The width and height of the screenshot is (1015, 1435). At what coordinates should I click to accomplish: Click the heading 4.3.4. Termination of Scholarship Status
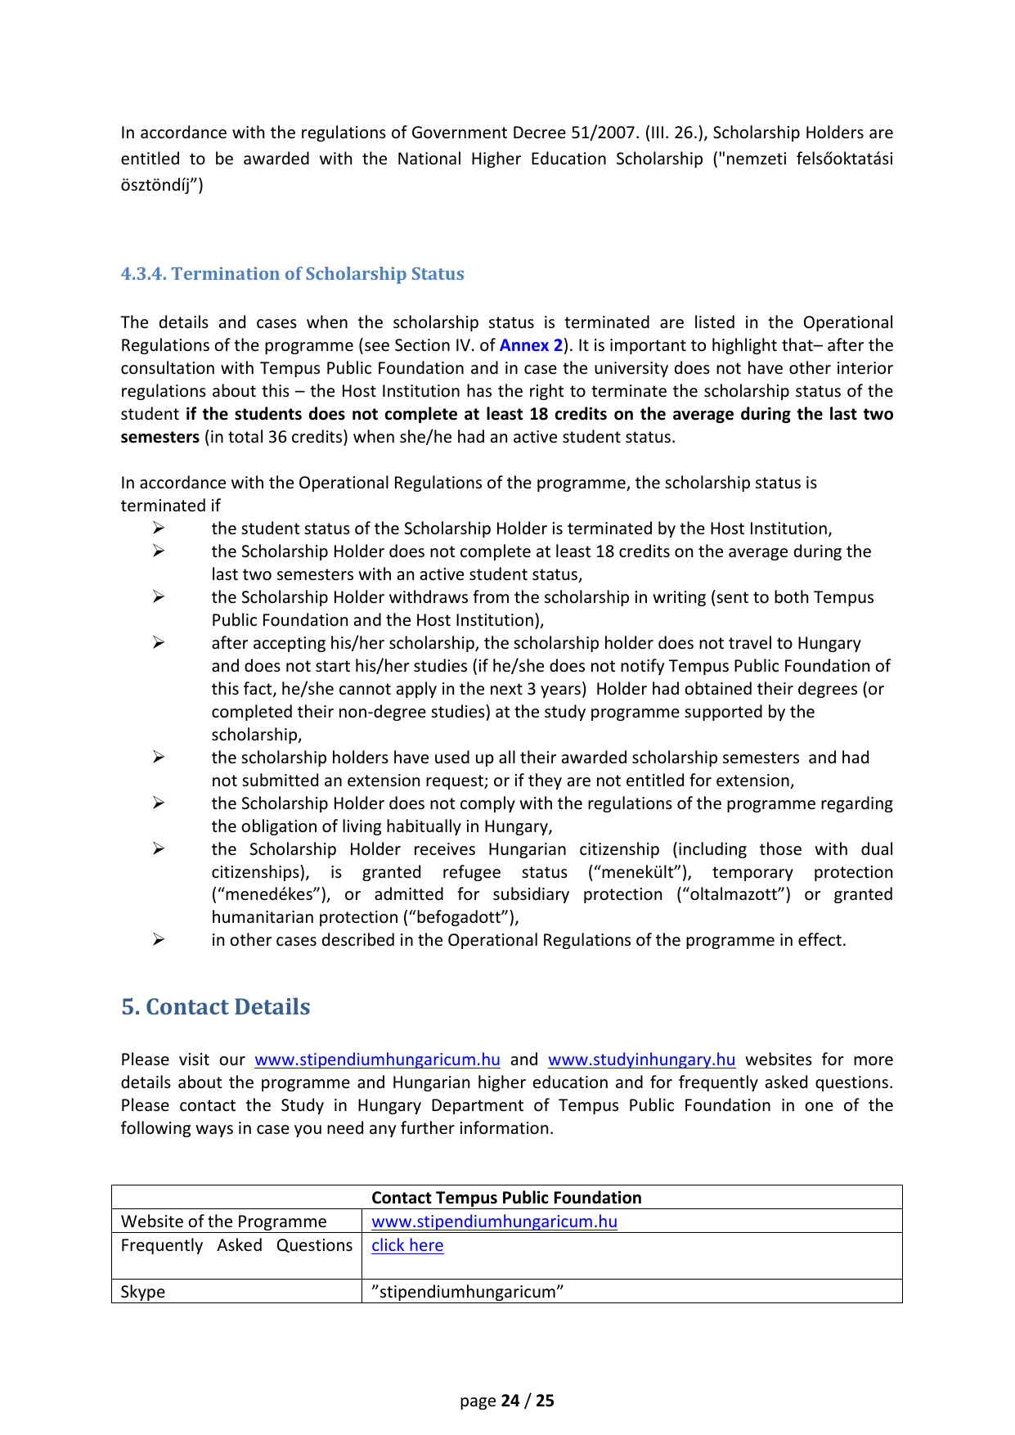point(292,274)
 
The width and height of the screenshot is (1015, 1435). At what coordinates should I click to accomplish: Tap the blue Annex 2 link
point(531,345)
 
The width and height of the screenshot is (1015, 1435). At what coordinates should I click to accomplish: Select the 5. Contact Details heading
point(216,1007)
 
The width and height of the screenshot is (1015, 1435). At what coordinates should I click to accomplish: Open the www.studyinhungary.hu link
point(641,1059)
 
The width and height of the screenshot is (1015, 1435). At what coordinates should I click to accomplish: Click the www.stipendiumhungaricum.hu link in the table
point(494,1221)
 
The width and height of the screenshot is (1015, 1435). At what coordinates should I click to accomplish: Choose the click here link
point(407,1245)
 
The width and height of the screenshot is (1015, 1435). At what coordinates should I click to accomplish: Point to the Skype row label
point(143,1292)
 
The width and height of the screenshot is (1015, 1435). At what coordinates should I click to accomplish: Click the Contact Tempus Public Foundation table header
point(506,1198)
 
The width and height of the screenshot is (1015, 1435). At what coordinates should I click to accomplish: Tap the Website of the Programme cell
point(224,1221)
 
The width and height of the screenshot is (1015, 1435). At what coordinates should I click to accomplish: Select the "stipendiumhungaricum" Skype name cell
point(467,1292)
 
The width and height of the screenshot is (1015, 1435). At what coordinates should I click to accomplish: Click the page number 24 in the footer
point(510,1401)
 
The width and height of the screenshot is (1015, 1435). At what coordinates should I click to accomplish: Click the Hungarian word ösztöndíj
point(159,185)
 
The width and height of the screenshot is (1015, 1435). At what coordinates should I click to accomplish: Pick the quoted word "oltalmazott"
point(733,894)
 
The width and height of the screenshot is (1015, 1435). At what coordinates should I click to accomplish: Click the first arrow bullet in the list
point(159,529)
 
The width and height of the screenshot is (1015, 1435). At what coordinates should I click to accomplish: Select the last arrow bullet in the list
point(159,940)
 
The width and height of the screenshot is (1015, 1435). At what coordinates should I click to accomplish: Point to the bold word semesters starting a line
point(160,437)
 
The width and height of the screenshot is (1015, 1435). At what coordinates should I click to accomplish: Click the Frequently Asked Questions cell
point(236,1245)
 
